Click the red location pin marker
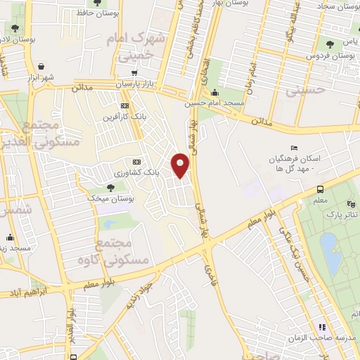coord(181,165)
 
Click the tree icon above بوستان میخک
coord(110,187)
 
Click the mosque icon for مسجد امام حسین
coord(214,93)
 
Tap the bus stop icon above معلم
coord(320,189)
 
